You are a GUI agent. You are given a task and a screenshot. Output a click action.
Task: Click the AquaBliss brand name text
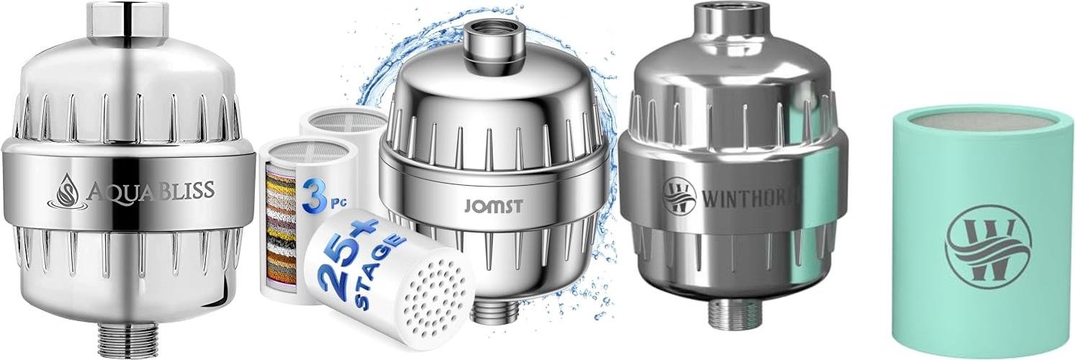tap(150, 192)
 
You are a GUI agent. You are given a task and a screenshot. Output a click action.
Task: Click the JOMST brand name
tap(493, 206)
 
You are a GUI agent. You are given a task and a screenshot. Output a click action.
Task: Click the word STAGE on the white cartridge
tap(379, 271)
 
